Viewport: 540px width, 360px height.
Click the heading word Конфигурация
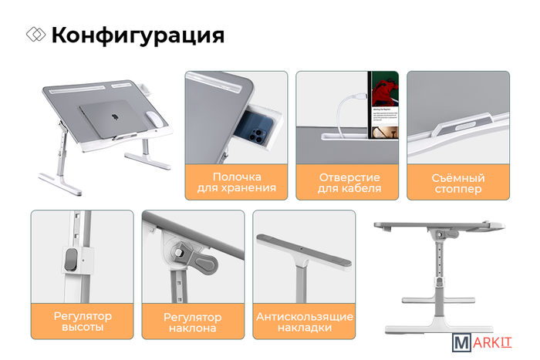[138, 35]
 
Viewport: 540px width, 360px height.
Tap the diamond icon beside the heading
[35, 35]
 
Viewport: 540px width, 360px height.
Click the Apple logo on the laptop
[115, 117]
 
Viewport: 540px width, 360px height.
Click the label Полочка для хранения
[236, 182]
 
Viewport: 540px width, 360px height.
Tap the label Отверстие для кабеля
[349, 183]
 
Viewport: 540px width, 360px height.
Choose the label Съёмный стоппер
[458, 183]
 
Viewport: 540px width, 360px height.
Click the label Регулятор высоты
[83, 321]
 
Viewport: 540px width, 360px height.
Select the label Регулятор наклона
[193, 322]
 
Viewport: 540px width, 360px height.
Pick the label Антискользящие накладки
[305, 321]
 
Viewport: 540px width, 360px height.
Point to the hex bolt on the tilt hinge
[178, 253]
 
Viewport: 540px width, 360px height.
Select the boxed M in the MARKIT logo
[461, 342]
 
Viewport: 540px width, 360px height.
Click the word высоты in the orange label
[83, 327]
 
